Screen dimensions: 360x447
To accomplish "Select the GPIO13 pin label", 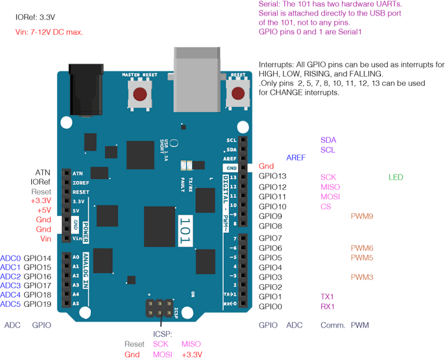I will [x=272, y=176].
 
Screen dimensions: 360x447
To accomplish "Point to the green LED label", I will [x=395, y=176].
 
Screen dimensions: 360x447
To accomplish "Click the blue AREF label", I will [x=296, y=158].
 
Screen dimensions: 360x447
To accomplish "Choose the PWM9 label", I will [x=361, y=216].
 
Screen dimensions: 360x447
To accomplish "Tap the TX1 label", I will [x=328, y=296].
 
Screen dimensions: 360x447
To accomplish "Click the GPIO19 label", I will [x=38, y=304].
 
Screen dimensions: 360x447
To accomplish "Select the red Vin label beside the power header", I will [x=45, y=239].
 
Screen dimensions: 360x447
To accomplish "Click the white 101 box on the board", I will [x=185, y=228].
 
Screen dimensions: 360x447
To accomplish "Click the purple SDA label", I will [x=328, y=140].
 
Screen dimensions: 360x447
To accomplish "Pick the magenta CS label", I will [x=326, y=206].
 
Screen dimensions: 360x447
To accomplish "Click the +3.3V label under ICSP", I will [x=191, y=354].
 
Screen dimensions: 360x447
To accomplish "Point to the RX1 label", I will [x=328, y=306].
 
